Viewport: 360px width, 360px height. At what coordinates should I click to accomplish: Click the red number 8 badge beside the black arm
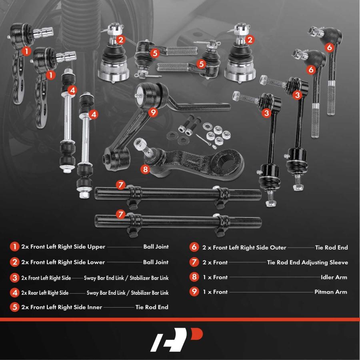tap(145, 170)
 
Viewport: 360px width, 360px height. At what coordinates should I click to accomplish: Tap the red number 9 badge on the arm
tap(153, 112)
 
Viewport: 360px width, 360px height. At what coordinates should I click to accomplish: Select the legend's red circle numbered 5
tap(15, 307)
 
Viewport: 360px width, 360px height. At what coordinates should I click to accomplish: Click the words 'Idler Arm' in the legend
tap(334, 277)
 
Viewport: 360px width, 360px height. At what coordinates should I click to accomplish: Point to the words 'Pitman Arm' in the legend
tap(331, 292)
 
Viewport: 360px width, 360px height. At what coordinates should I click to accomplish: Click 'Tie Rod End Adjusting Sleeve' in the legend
tap(308, 262)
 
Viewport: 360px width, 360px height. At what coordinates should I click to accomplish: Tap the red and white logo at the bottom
tap(176, 340)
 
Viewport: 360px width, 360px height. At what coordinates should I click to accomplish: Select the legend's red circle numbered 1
tap(15, 247)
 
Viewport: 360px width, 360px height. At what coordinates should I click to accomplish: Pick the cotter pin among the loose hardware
tap(204, 140)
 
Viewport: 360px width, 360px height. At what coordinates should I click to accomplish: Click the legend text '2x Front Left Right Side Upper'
tap(63, 247)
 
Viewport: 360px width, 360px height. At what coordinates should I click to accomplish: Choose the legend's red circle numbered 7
tap(194, 262)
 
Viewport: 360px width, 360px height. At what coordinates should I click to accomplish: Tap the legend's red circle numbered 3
tap(15, 278)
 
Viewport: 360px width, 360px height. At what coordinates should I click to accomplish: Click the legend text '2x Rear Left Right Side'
tap(45, 293)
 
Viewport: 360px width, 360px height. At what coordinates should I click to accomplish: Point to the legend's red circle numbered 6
tap(194, 247)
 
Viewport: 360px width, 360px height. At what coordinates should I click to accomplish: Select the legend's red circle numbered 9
tap(194, 292)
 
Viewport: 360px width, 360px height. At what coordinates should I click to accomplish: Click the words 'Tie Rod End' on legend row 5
tap(152, 307)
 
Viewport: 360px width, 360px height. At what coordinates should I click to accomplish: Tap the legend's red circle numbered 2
tap(15, 262)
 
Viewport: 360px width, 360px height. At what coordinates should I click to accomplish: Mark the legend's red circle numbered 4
tap(15, 293)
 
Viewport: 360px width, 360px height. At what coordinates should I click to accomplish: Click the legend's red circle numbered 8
tap(194, 277)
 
